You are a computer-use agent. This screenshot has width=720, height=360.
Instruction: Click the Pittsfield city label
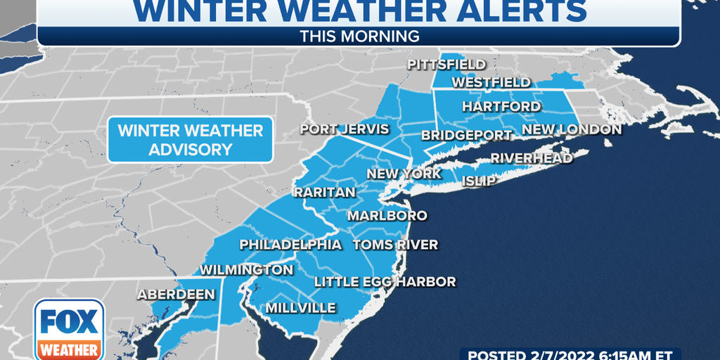(x=446, y=65)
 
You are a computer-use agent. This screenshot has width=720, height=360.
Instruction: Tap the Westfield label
(x=491, y=82)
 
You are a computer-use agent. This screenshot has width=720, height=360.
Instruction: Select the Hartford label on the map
(x=501, y=107)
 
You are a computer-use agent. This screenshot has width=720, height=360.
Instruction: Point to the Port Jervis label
(x=345, y=129)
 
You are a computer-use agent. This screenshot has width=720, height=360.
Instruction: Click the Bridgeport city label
(x=466, y=135)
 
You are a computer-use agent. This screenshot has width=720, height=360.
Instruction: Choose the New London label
(x=572, y=129)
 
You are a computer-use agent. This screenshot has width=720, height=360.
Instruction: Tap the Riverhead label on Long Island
(x=532, y=158)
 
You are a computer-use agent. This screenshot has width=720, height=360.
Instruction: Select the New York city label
(x=404, y=174)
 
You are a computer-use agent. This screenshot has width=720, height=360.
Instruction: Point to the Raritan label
(x=325, y=192)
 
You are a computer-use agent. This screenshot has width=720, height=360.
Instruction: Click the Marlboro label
(x=387, y=215)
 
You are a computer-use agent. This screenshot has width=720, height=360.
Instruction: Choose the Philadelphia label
(x=290, y=245)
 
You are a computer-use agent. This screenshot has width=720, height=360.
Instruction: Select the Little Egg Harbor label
(x=385, y=282)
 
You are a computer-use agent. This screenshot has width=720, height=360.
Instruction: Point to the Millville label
(x=300, y=308)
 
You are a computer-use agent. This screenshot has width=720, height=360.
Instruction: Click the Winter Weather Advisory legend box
(x=190, y=139)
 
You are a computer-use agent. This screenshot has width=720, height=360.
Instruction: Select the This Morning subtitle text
(x=359, y=36)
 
